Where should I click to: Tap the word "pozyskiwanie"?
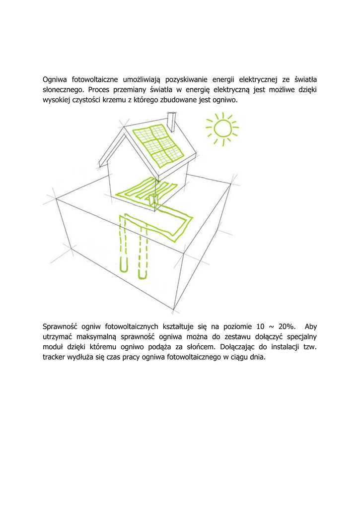click(x=187, y=79)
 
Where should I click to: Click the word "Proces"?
click(x=100, y=90)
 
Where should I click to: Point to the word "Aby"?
click(x=310, y=326)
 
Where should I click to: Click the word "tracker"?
click(x=55, y=358)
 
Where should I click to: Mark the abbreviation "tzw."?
click(x=309, y=347)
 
